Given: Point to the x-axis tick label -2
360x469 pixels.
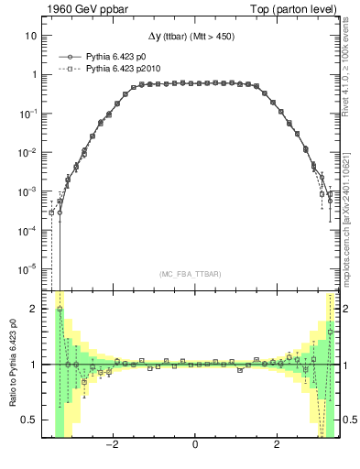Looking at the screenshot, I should click(113, 445).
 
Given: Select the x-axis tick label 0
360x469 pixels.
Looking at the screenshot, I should click(195, 445).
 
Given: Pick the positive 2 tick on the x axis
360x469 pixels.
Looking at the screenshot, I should click(277, 445).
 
